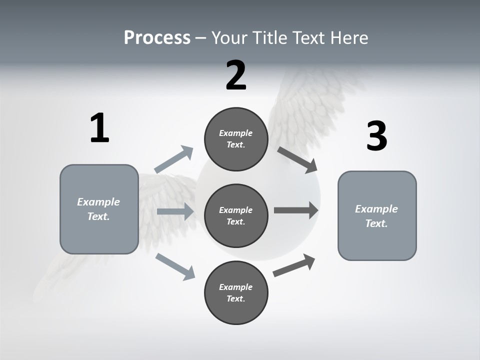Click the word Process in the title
[x=157, y=38]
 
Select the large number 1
[x=99, y=128]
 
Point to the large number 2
[x=236, y=75]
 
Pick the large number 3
[x=376, y=136]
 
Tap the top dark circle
[x=236, y=139]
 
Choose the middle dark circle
[x=236, y=215]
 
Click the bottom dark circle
[x=236, y=292]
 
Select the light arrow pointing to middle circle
[x=175, y=211]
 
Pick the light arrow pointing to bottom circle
[x=175, y=266]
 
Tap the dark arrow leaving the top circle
[x=298, y=160]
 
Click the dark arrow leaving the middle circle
[x=296, y=210]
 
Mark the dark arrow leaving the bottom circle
[x=294, y=265]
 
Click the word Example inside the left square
[x=98, y=202]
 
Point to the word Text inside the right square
[x=376, y=223]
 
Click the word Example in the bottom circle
[x=236, y=287]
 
